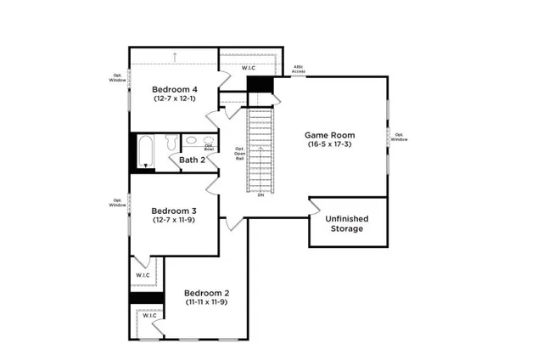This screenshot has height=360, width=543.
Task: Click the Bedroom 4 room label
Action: pos(175,88)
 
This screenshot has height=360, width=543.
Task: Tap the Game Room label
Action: pos(331,135)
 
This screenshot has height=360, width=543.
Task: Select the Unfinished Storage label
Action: pos(345,223)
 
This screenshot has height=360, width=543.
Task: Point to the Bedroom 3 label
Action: pos(174,211)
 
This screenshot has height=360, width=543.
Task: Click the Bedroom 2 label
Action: pos(207,293)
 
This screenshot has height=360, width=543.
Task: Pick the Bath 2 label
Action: pos(192,160)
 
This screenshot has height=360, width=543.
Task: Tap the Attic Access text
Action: pos(299,70)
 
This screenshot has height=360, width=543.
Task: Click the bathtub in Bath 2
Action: pos(145,151)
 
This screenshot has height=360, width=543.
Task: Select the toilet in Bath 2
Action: pos(171,142)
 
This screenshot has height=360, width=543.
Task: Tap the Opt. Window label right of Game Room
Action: pos(399,137)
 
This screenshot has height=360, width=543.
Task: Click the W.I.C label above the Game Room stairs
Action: pos(249,67)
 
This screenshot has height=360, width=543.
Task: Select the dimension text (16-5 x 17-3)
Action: pos(331,145)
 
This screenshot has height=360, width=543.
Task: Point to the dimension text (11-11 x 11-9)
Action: pos(207,303)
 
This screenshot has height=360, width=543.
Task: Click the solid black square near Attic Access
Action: pos(259,87)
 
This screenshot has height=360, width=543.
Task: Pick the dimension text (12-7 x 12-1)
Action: pos(175,98)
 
